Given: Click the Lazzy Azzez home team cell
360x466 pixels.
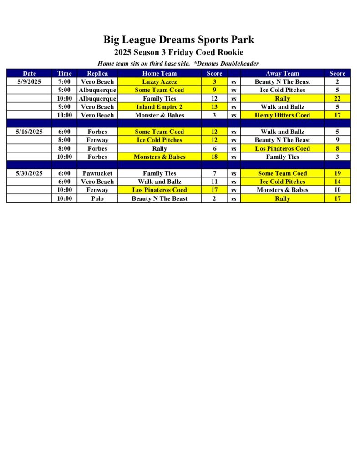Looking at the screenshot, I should tap(159, 82).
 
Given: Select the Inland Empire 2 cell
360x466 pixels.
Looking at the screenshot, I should tap(159, 107).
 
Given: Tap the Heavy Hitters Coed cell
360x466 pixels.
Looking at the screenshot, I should tap(282, 115).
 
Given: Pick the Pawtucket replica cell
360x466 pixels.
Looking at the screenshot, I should tap(97, 173).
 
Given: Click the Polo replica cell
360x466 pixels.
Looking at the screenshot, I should tap(97, 198).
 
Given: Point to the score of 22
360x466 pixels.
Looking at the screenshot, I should tap(337, 99).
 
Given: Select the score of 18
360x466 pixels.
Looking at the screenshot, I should tap(214, 157).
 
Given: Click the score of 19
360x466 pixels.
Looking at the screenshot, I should tap(337, 173).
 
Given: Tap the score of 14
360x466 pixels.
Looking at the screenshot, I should tap(337, 182).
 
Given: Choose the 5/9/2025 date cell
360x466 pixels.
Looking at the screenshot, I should tap(29, 82).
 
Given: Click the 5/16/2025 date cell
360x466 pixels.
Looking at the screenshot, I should tap(29, 132).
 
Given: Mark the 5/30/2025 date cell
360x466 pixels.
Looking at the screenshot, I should tap(29, 173).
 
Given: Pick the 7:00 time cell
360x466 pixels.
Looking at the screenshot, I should tap(64, 82).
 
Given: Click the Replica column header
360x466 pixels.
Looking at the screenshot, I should tap(97, 73).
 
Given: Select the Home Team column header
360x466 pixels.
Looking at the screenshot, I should tap(159, 73).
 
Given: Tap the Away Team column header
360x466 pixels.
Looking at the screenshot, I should tap(282, 73).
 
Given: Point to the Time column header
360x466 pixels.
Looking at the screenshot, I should tap(64, 73).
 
